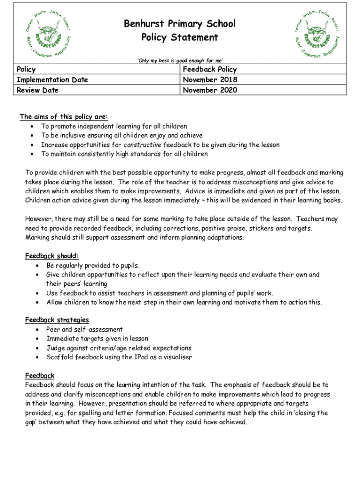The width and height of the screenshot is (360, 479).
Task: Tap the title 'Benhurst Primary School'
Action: (180, 24)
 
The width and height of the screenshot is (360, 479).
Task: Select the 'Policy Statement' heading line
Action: (180, 37)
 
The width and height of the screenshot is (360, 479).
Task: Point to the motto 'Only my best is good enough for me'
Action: (180, 60)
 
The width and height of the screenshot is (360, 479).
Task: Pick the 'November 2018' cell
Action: (210, 80)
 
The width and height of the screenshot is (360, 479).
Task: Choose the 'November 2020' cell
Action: (210, 90)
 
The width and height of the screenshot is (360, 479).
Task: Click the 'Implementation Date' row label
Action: (52, 80)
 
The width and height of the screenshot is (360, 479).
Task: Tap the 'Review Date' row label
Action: (37, 90)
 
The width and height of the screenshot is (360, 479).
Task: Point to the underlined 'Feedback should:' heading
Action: (52, 256)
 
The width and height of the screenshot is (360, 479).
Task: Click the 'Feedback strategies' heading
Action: (57, 320)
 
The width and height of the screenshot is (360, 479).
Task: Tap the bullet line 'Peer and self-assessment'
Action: (84, 329)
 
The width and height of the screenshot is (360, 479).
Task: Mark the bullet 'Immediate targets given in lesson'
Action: (97, 339)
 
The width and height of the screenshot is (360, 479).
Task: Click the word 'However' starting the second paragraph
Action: (39, 218)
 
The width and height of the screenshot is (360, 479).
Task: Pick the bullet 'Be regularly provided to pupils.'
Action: (93, 265)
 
